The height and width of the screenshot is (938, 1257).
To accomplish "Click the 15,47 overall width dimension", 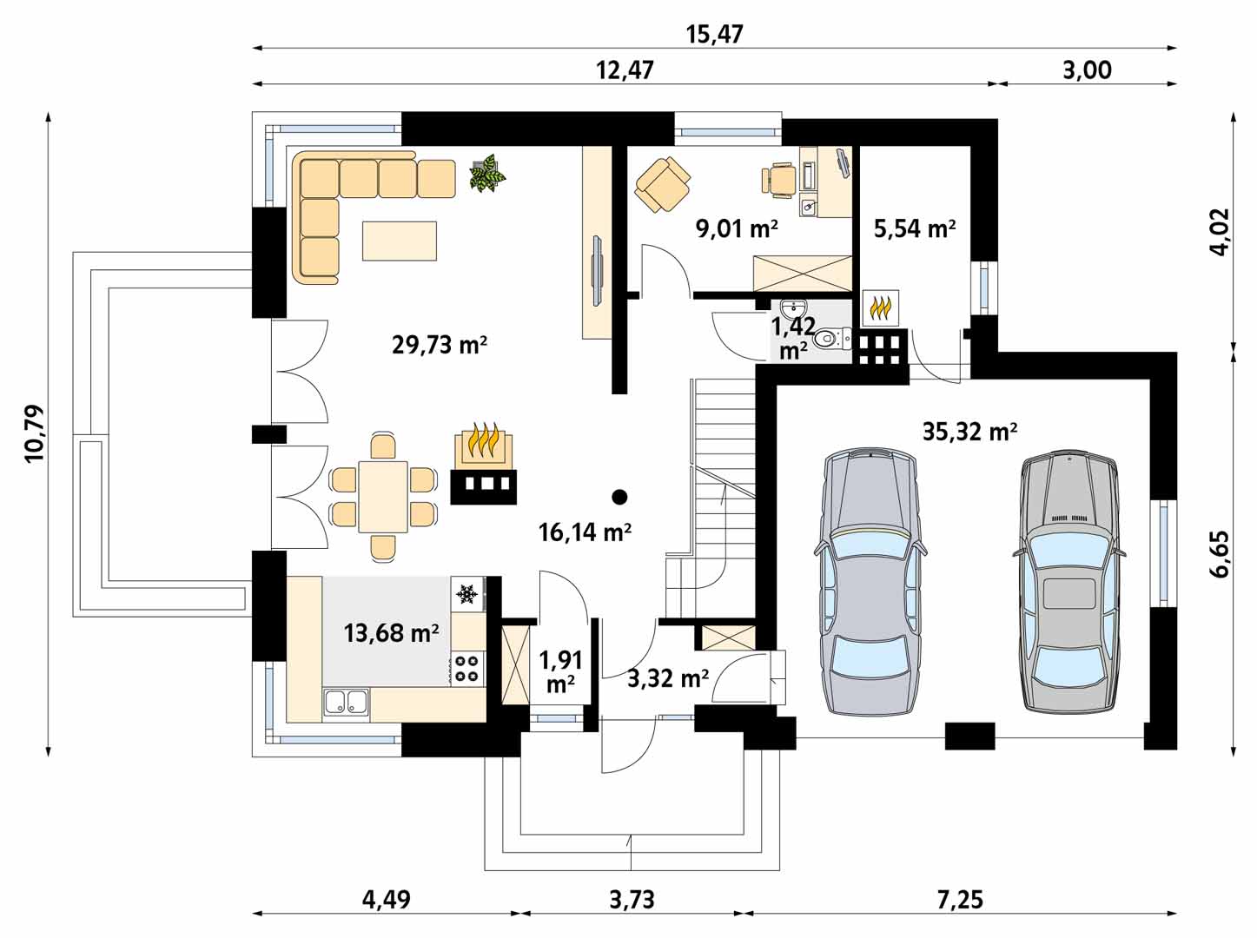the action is [x=715, y=35].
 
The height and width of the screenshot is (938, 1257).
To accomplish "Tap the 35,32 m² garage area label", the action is [x=969, y=432].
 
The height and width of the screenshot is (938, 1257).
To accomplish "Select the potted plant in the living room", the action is [x=488, y=172].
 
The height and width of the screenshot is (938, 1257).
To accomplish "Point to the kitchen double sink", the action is [x=346, y=703].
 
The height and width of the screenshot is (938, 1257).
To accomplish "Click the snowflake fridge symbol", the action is [x=466, y=594].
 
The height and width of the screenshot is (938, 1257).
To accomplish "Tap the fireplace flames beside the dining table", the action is [x=483, y=439].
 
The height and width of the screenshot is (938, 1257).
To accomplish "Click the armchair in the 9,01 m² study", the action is [x=663, y=185].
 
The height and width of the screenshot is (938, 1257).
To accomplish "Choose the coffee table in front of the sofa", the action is [x=399, y=241].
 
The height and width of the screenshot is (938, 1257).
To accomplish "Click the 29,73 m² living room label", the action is [x=440, y=345].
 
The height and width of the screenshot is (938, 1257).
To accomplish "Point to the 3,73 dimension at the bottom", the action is [x=632, y=900].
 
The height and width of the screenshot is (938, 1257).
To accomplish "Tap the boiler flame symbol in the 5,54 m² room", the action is [x=880, y=308].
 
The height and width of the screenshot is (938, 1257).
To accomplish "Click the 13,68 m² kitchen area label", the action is [x=391, y=633].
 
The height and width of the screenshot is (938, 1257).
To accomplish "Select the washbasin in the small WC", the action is [x=794, y=309].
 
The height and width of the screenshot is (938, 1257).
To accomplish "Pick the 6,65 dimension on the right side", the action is [x=1219, y=555].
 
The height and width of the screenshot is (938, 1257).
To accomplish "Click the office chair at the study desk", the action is [x=779, y=180].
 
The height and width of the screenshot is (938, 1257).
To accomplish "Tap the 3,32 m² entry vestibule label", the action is [x=668, y=679].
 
